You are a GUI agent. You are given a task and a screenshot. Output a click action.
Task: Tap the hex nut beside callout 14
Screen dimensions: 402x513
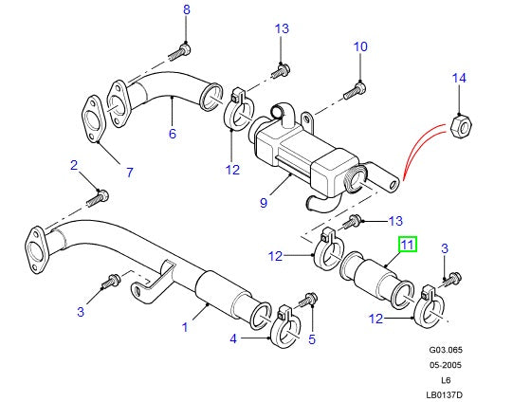(461, 128)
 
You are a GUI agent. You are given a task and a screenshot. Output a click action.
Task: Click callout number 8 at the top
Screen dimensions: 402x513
(186, 10)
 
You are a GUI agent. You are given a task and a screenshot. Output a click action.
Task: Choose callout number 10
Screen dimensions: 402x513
(359, 46)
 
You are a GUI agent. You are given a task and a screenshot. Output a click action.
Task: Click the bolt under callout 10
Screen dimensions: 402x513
(357, 90)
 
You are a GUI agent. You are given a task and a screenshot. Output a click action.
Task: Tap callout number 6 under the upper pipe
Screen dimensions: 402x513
(172, 135)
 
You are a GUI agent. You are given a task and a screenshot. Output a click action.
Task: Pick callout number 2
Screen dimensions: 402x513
(72, 166)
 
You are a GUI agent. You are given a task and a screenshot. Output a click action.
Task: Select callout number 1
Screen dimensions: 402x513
(186, 327)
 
